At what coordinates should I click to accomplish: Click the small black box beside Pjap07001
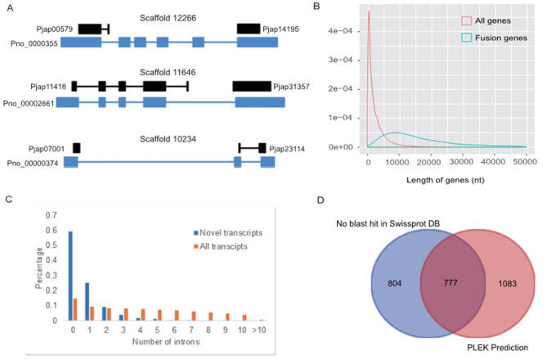pos(76,148)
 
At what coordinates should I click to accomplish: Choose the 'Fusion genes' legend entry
pos(498,38)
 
